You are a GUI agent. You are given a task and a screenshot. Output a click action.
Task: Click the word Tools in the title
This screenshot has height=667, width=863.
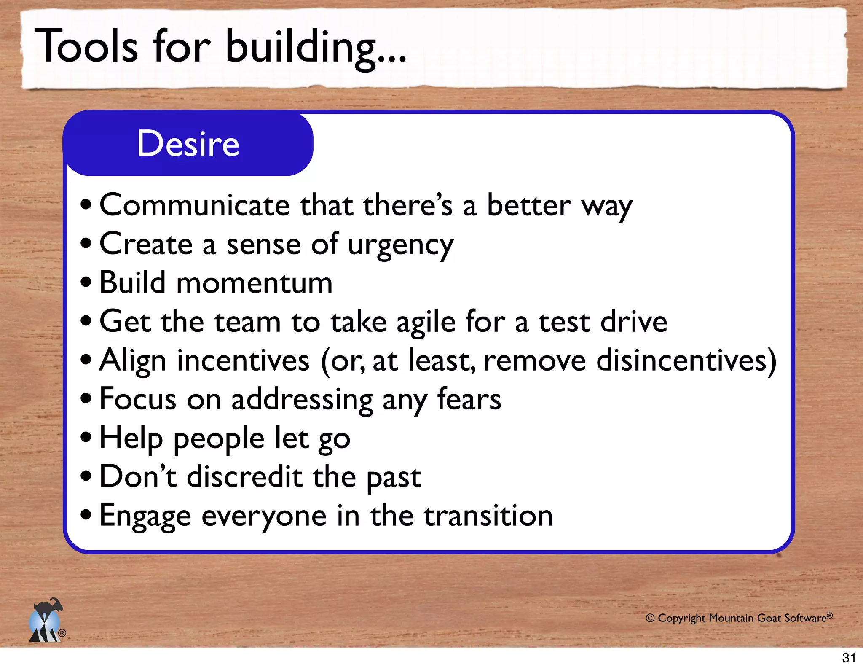pyautogui.click(x=86, y=46)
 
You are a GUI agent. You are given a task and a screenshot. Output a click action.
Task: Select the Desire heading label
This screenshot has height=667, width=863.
pyautogui.click(x=188, y=144)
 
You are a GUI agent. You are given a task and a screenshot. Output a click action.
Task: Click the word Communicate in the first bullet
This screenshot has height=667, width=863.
pyautogui.click(x=195, y=205)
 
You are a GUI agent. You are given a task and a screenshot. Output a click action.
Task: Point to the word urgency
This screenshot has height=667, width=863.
pyautogui.click(x=400, y=245)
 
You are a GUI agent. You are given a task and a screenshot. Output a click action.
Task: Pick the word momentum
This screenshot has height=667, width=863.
pyautogui.click(x=254, y=283)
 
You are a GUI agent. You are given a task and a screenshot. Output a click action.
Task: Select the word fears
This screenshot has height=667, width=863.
pyautogui.click(x=469, y=399)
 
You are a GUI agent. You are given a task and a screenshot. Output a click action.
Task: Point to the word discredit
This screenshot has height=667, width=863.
pyautogui.click(x=244, y=477)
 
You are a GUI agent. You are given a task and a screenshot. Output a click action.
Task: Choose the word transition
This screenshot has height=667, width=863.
pyautogui.click(x=488, y=516)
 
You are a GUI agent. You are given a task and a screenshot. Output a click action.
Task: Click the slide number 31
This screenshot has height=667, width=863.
pyautogui.click(x=849, y=658)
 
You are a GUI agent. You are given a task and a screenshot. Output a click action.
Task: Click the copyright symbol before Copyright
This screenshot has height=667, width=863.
pyautogui.click(x=650, y=618)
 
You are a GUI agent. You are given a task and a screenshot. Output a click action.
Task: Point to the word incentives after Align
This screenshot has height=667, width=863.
pyautogui.click(x=243, y=361)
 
